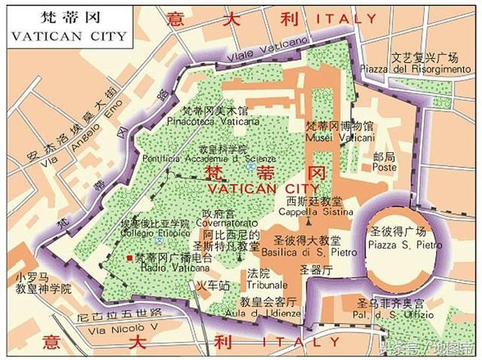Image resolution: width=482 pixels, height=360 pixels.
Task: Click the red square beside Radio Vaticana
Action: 130,258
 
